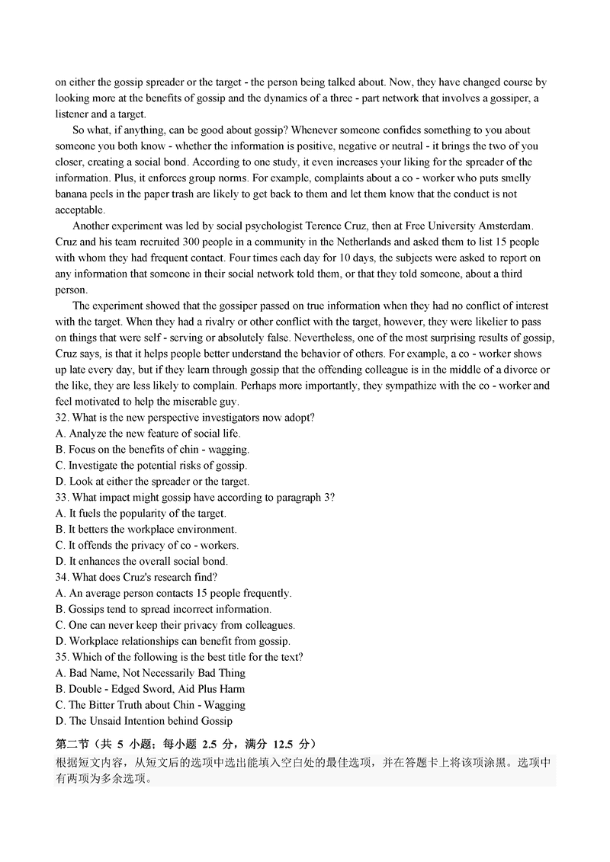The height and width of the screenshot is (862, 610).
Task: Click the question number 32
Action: pos(62,418)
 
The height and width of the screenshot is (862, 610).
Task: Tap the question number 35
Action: pos(62,657)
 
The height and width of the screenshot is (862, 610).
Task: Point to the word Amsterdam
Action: pos(509,226)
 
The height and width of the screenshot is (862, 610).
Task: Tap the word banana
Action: pos(71,194)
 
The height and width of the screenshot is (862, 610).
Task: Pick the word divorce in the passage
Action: pos(514,370)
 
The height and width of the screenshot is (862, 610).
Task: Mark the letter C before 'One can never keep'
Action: pos(60,625)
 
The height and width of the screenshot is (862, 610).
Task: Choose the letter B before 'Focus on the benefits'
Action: pos(60,450)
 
